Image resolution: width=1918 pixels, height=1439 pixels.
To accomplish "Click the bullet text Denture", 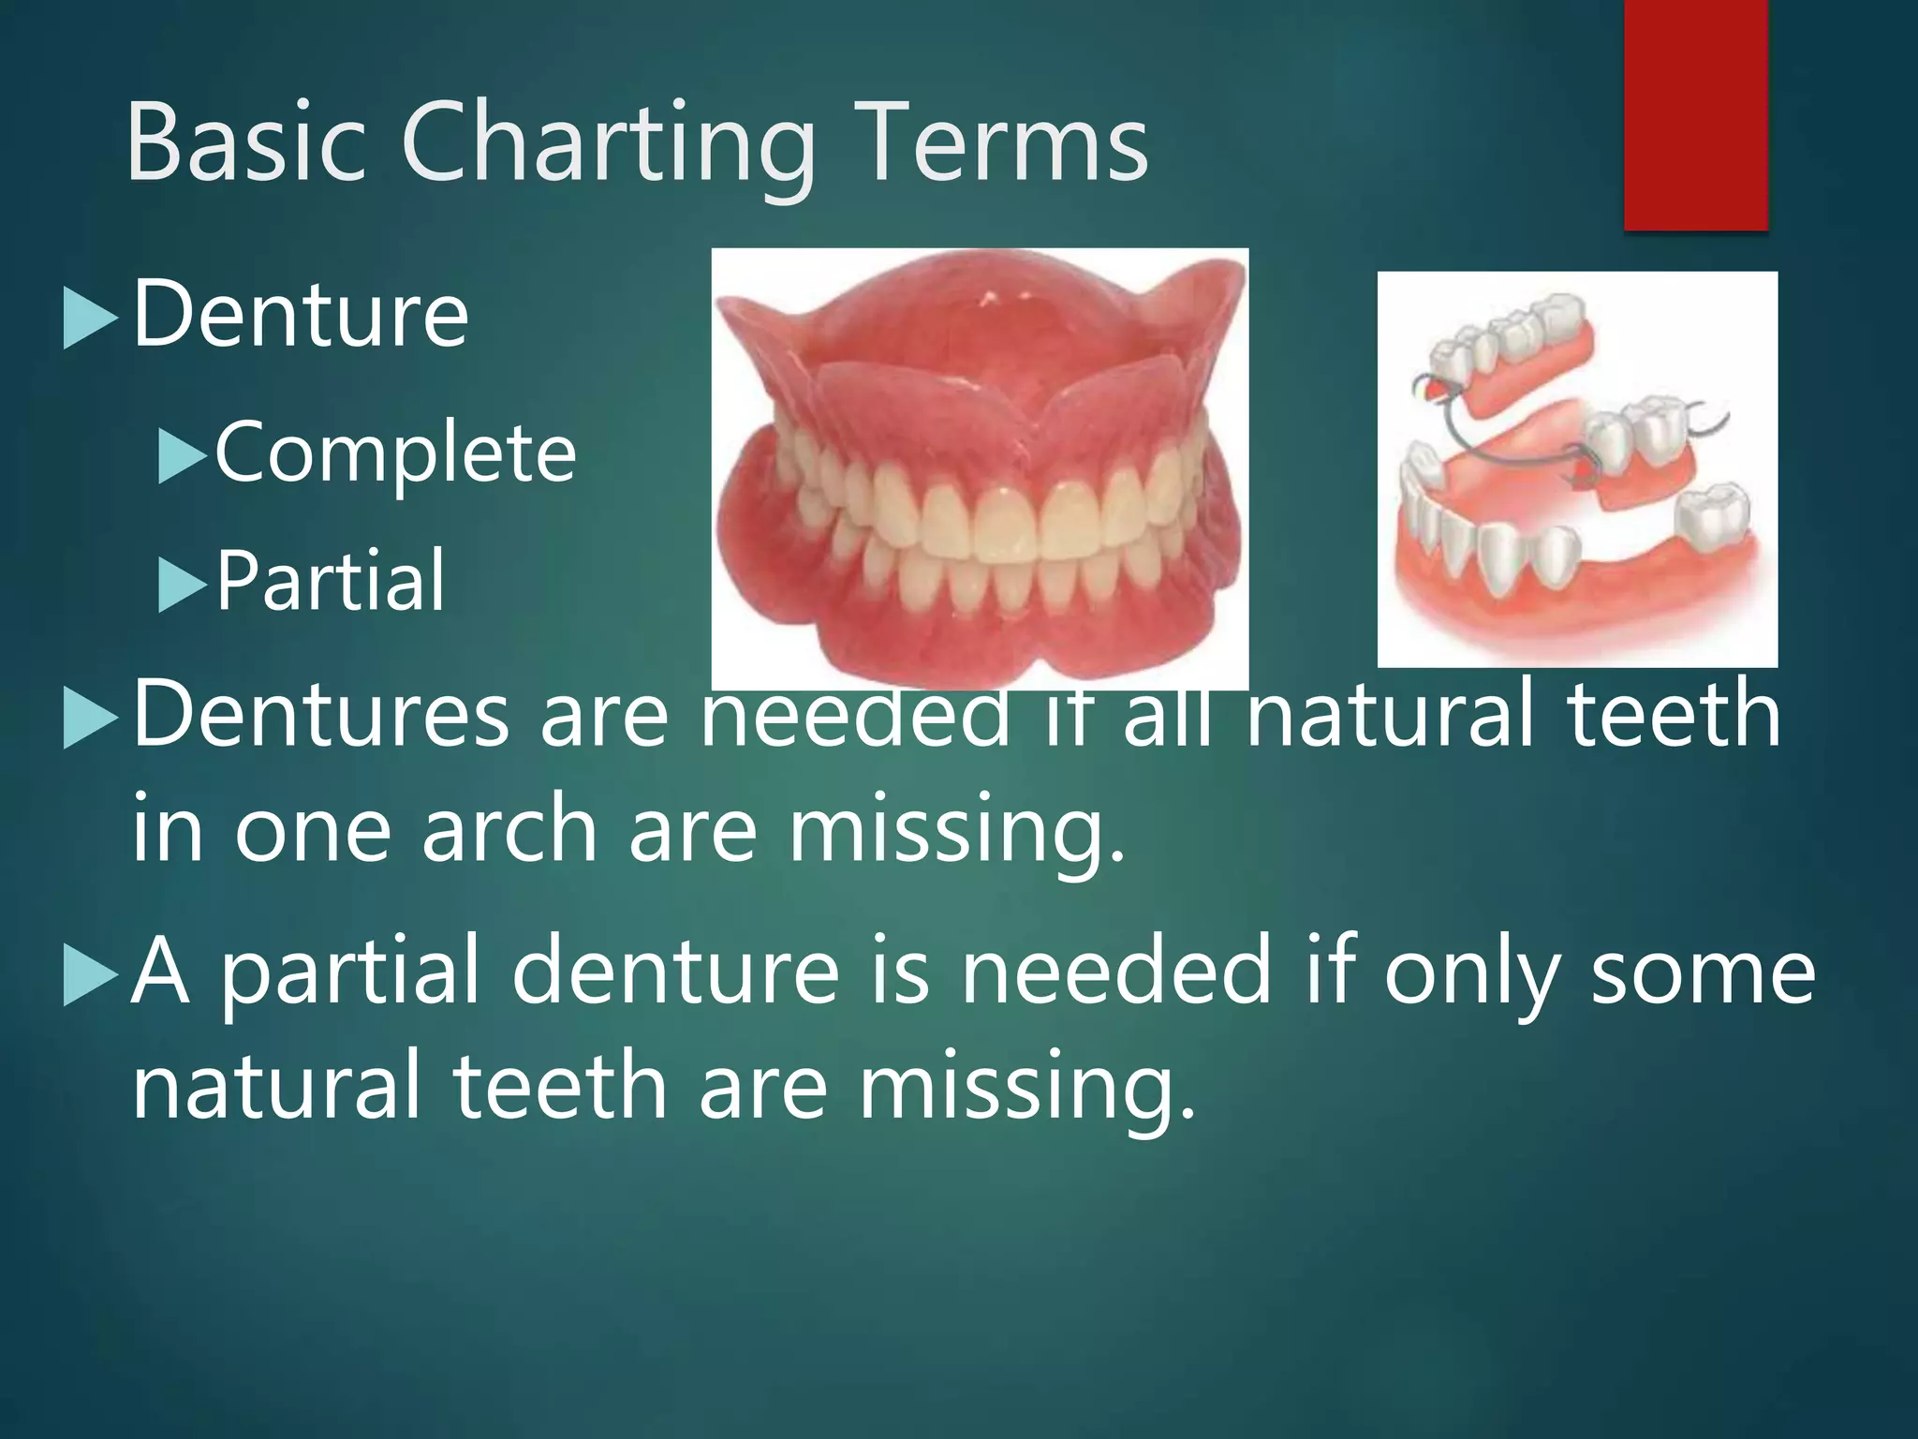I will pos(301,315).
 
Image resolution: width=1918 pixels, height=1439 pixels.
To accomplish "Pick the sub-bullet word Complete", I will pos(395,453).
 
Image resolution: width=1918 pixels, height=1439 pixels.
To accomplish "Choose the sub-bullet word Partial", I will pos(331,582).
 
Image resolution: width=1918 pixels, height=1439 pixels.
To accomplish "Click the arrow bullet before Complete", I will pos(181,455).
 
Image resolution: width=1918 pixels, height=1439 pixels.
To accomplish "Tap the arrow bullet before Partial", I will pos(181,585).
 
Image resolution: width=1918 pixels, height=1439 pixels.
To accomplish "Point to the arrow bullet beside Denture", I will pos(89,319).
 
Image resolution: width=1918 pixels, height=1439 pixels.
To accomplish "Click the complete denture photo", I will pos(980,468).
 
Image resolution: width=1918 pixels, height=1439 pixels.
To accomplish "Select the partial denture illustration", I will pos(1577,468).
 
